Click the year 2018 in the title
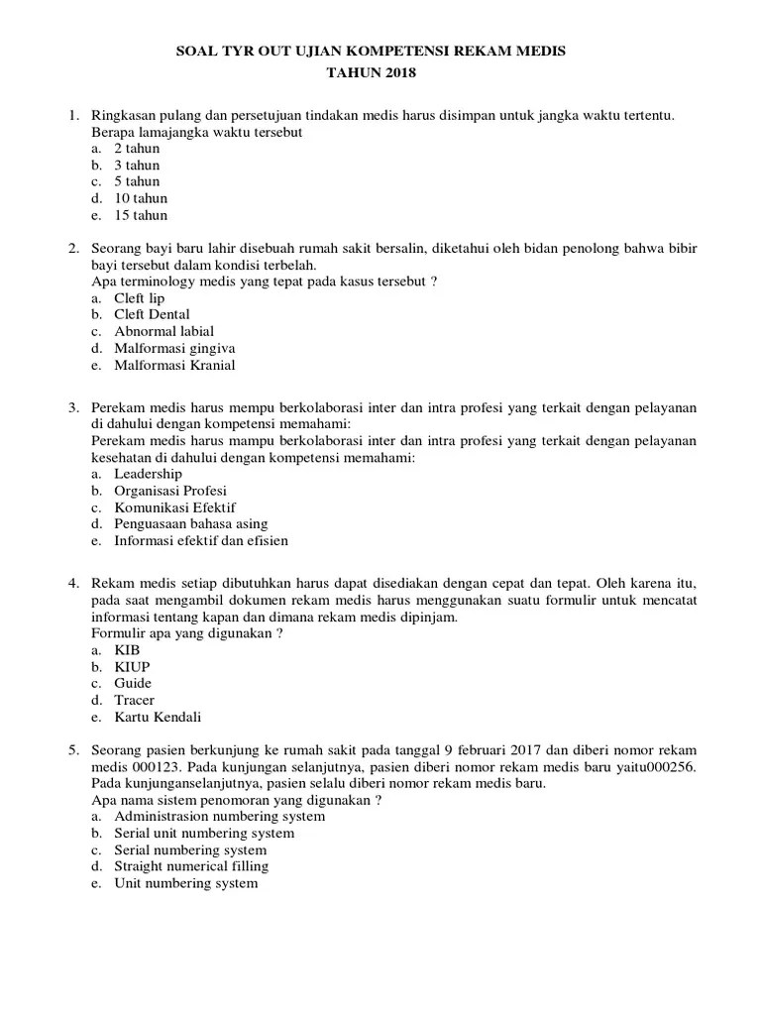(394, 72)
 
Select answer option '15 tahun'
(141, 215)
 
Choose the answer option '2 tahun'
(137, 149)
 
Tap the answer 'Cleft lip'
(140, 298)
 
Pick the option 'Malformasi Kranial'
(174, 365)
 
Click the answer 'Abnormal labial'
(163, 331)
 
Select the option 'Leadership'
(149, 474)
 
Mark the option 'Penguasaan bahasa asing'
(191, 523)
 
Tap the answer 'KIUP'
(132, 667)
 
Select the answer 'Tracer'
(135, 700)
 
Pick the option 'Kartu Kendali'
(158, 717)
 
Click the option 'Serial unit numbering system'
(204, 834)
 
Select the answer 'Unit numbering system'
(186, 883)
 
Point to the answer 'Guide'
(134, 684)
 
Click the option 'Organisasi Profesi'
(170, 491)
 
